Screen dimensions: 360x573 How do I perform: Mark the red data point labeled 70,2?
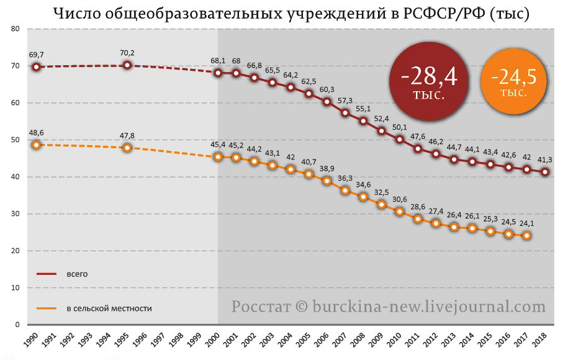pyautogui.click(x=127, y=65)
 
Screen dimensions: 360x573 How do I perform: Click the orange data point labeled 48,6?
pyautogui.click(x=36, y=145)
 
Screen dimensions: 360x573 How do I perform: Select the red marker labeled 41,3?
pyautogui.click(x=545, y=172)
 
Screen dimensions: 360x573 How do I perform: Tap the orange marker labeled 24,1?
pyautogui.click(x=527, y=236)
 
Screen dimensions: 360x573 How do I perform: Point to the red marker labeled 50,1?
pyautogui.click(x=400, y=140)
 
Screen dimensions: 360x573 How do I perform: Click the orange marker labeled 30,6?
pyautogui.click(x=400, y=212)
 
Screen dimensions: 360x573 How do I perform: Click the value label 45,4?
pyautogui.click(x=218, y=145)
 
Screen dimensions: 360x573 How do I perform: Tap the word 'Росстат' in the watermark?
pyautogui.click(x=256, y=307)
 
